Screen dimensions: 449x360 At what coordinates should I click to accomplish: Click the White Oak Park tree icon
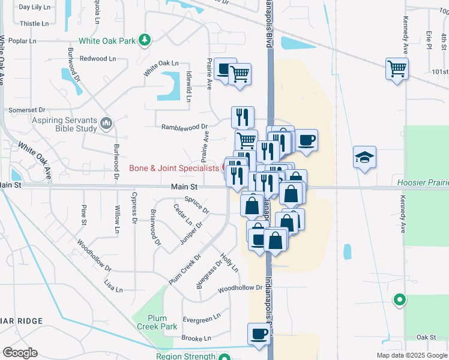145,40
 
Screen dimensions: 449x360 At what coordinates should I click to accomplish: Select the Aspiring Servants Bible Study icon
107,124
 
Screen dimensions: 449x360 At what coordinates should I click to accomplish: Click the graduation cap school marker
364,158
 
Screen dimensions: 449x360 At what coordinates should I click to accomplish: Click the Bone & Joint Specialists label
174,169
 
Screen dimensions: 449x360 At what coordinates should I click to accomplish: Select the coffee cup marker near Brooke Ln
259,334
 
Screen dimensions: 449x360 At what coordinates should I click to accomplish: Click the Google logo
19,353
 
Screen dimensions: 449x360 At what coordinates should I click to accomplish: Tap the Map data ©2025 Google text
411,355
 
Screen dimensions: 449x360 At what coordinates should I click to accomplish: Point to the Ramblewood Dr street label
184,127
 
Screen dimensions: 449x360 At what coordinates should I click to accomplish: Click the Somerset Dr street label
26,110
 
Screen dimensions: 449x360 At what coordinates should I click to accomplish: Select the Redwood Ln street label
98,59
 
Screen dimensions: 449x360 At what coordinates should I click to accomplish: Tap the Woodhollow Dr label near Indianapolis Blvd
240,288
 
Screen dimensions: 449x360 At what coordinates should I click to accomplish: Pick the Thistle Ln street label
34,24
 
